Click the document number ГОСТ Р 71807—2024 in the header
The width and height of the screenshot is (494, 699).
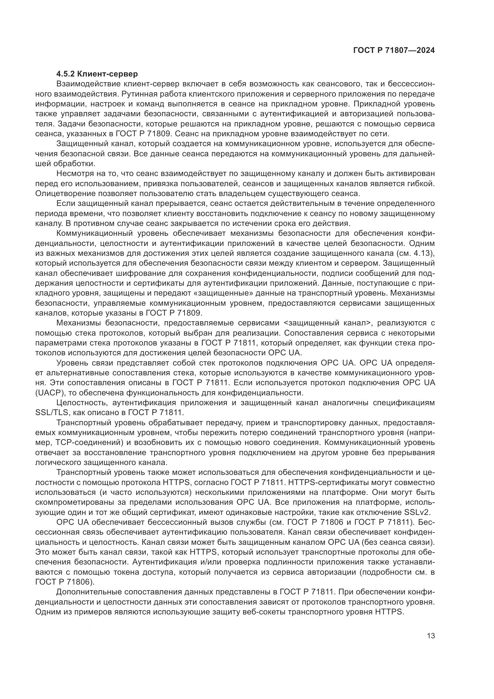(394, 51)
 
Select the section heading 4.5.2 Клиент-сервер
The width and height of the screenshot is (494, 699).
(97, 74)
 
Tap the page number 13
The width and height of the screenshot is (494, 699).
(431, 636)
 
